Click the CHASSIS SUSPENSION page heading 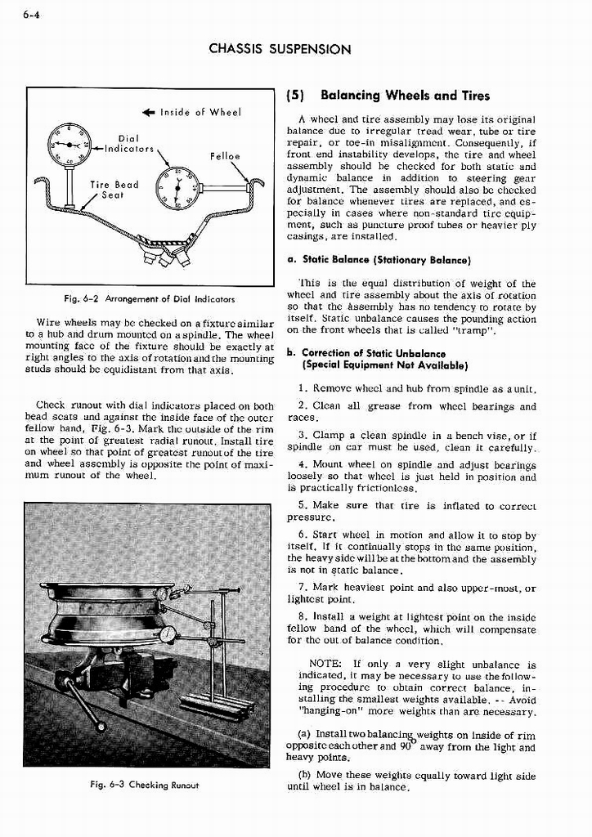pos(280,49)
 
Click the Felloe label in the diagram pos(224,154)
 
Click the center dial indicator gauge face pos(177,188)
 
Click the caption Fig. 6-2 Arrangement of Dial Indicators pos(149,298)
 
